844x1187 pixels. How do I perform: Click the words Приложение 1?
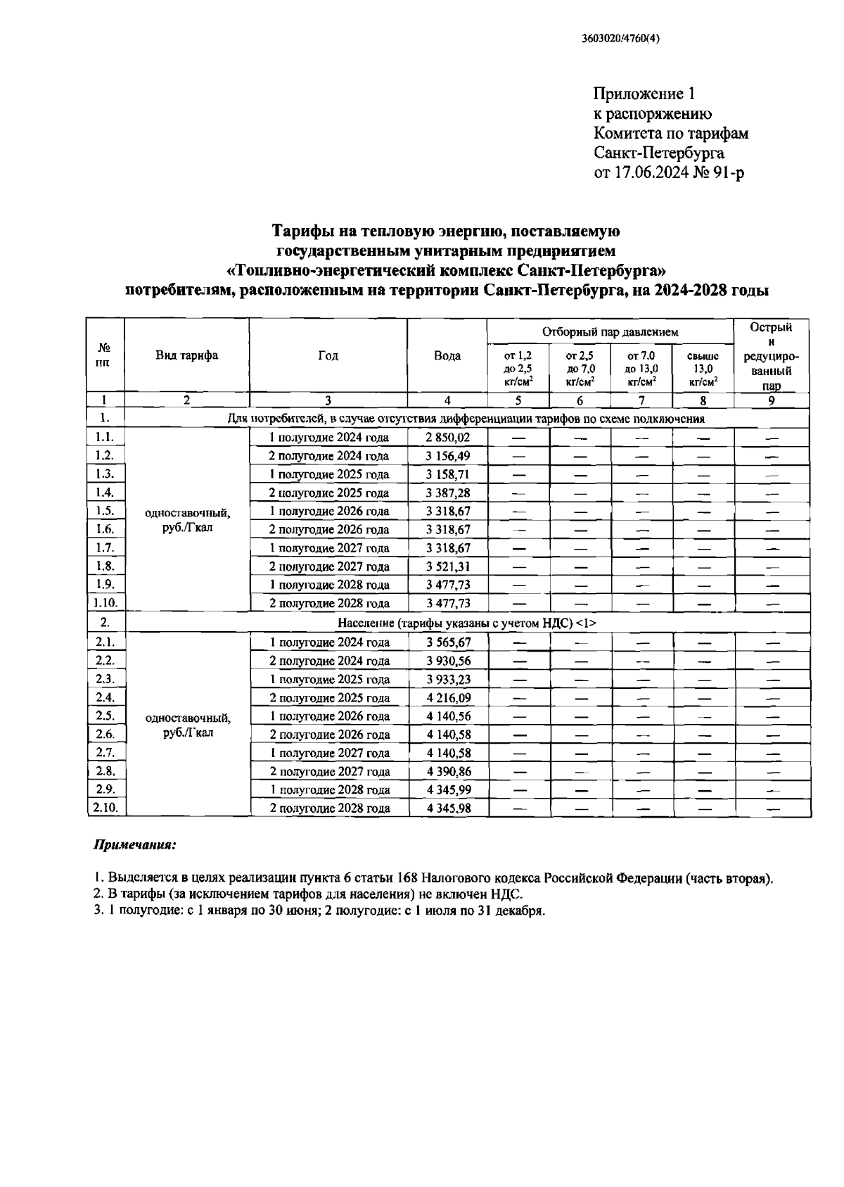click(644, 94)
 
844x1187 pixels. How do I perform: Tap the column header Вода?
click(447, 355)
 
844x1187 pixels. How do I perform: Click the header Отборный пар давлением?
click(610, 331)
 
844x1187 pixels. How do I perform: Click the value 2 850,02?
click(447, 437)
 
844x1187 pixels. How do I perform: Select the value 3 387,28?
click(447, 493)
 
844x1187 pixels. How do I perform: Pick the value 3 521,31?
click(447, 566)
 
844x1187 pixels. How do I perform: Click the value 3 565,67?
click(447, 642)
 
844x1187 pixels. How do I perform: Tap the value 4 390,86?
click(447, 771)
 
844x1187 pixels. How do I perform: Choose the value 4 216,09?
click(447, 697)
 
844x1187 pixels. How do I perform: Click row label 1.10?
click(105, 603)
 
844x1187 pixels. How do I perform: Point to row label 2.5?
click(105, 716)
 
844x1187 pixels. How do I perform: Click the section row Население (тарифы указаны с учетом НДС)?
click(467, 623)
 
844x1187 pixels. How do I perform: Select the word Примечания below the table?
click(135, 844)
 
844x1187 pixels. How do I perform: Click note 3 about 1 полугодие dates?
click(320, 910)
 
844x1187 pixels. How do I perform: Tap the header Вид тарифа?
click(186, 355)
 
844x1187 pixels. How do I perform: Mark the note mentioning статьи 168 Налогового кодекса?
click(433, 878)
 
